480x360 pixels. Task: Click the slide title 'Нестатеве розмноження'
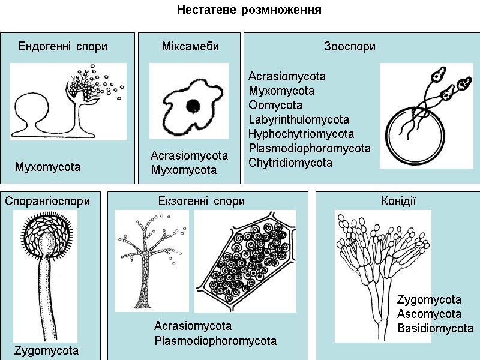point(249,11)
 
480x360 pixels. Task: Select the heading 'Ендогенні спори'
point(63,47)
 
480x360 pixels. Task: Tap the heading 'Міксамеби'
point(190,47)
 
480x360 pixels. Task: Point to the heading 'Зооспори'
point(350,47)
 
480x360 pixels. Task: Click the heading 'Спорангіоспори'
point(47,202)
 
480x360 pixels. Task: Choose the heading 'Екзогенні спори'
point(202,202)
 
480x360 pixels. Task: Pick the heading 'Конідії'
point(399,202)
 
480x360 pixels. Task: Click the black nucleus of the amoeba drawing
point(193,106)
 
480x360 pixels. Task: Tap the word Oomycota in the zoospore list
point(275,106)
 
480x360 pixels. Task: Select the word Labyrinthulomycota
point(299,120)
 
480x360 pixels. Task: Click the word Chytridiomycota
point(290,163)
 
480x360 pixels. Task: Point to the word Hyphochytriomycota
point(301,134)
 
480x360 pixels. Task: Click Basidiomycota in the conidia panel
point(435,329)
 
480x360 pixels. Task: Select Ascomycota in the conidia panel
point(429,314)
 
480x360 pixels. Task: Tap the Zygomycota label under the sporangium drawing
point(46,350)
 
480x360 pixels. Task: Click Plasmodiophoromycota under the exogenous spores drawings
point(215,341)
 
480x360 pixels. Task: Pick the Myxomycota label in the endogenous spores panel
point(47,167)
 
